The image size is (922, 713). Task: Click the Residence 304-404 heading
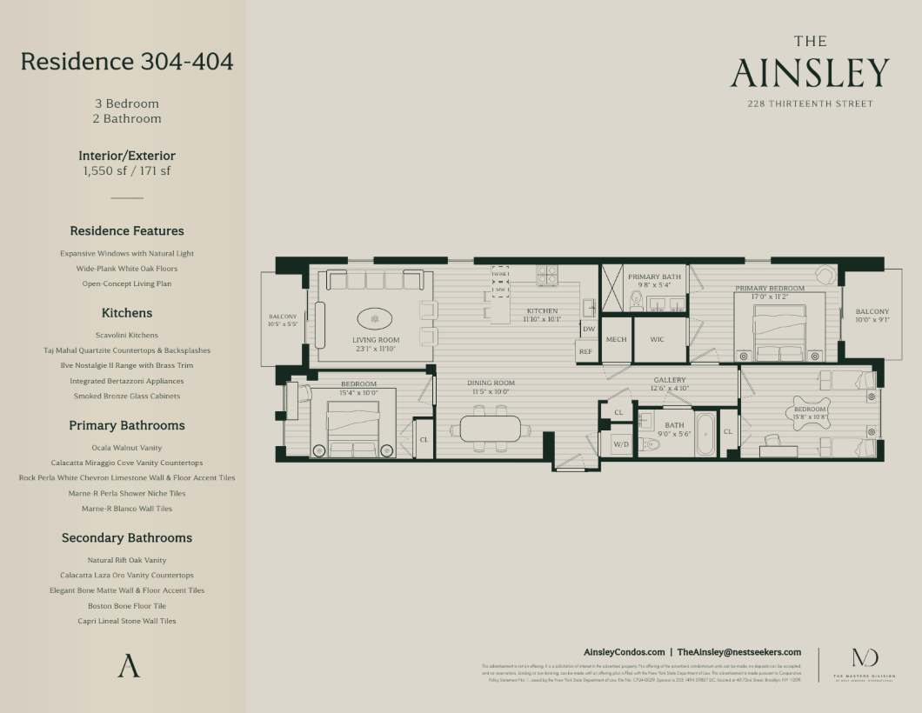127,62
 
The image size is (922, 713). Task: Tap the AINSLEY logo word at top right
810,74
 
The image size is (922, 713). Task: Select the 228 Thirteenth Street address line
810,103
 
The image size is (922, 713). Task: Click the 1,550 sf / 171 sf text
127,170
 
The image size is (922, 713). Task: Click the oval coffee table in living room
376,317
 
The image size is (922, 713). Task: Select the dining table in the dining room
491,428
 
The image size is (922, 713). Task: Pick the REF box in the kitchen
586,351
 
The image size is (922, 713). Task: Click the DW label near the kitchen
589,329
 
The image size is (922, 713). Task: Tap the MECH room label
616,340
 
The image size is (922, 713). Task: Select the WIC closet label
657,340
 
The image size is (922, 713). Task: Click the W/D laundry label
621,444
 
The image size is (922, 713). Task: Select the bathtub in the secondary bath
705,434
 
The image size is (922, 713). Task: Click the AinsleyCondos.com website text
624,652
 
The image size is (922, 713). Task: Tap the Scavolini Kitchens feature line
127,335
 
